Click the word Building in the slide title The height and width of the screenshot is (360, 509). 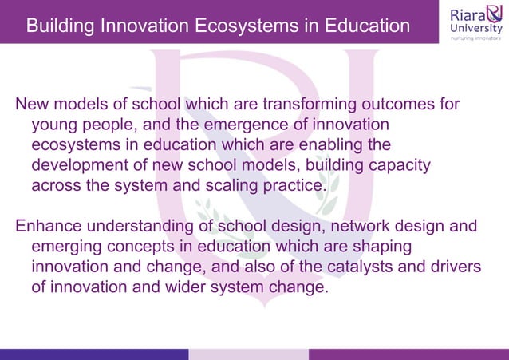click(x=59, y=26)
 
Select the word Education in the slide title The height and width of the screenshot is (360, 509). click(x=365, y=26)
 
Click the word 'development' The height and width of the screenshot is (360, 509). click(x=81, y=165)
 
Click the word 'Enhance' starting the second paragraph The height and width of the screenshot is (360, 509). click(x=48, y=227)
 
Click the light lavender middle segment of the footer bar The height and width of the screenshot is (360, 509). click(x=248, y=354)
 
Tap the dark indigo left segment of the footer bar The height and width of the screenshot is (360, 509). click(x=94, y=354)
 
